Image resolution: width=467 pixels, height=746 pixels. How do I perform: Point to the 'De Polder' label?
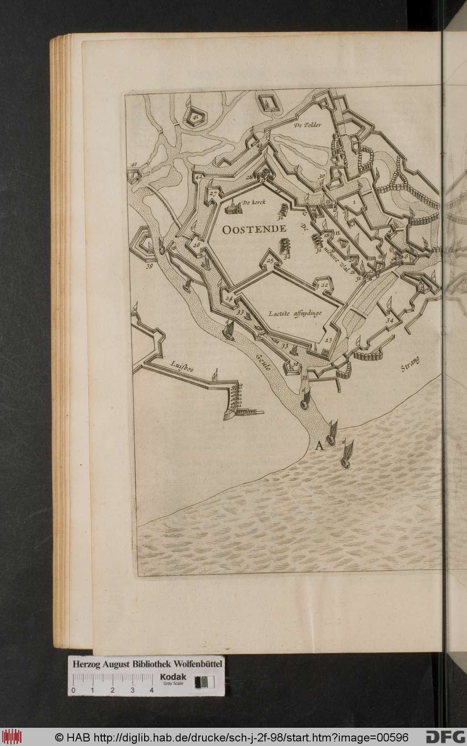click(308, 125)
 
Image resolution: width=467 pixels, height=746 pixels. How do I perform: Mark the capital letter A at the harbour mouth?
click(319, 446)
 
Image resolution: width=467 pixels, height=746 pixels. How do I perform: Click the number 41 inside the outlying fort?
click(196, 118)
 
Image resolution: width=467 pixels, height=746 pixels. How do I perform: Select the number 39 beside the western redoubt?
click(149, 267)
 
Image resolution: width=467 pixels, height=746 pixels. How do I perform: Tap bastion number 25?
click(270, 261)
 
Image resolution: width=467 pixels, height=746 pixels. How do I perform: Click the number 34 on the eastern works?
click(389, 320)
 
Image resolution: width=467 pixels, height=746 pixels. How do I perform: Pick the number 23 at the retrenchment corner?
click(329, 340)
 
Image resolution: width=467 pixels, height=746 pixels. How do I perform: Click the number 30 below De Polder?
click(322, 176)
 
